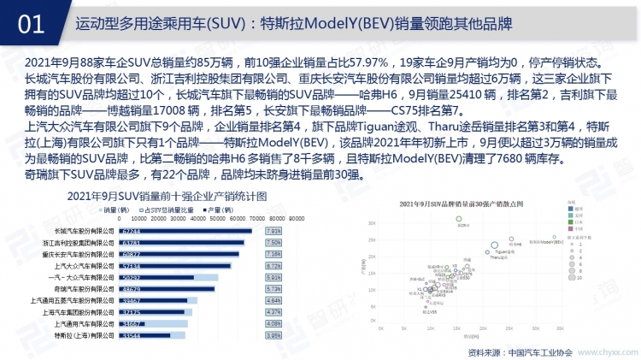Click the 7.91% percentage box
click(273, 231)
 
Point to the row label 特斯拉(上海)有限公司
click(84, 336)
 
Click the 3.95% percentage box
click(273, 336)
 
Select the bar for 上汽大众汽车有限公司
click(172, 266)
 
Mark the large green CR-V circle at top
click(459, 220)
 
